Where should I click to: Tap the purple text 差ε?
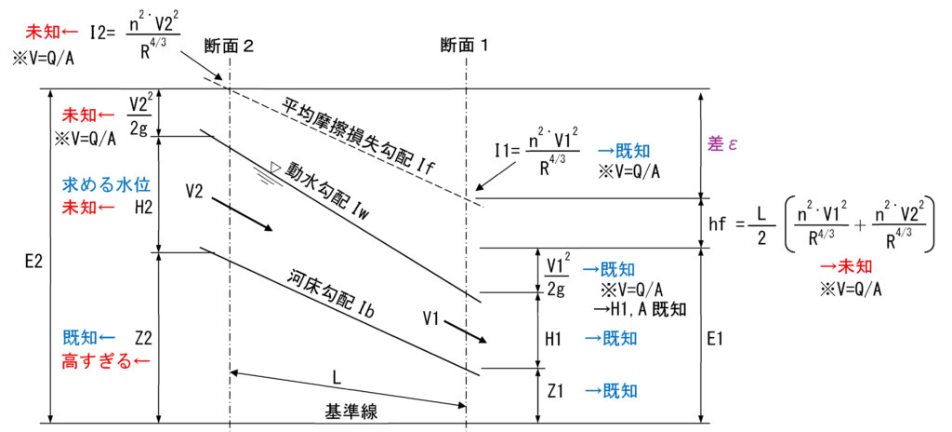point(719,144)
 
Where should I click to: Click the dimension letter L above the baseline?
point(337,378)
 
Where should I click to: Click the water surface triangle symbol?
point(274,167)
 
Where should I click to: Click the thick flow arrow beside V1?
point(467,331)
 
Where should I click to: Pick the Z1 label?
point(556,391)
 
